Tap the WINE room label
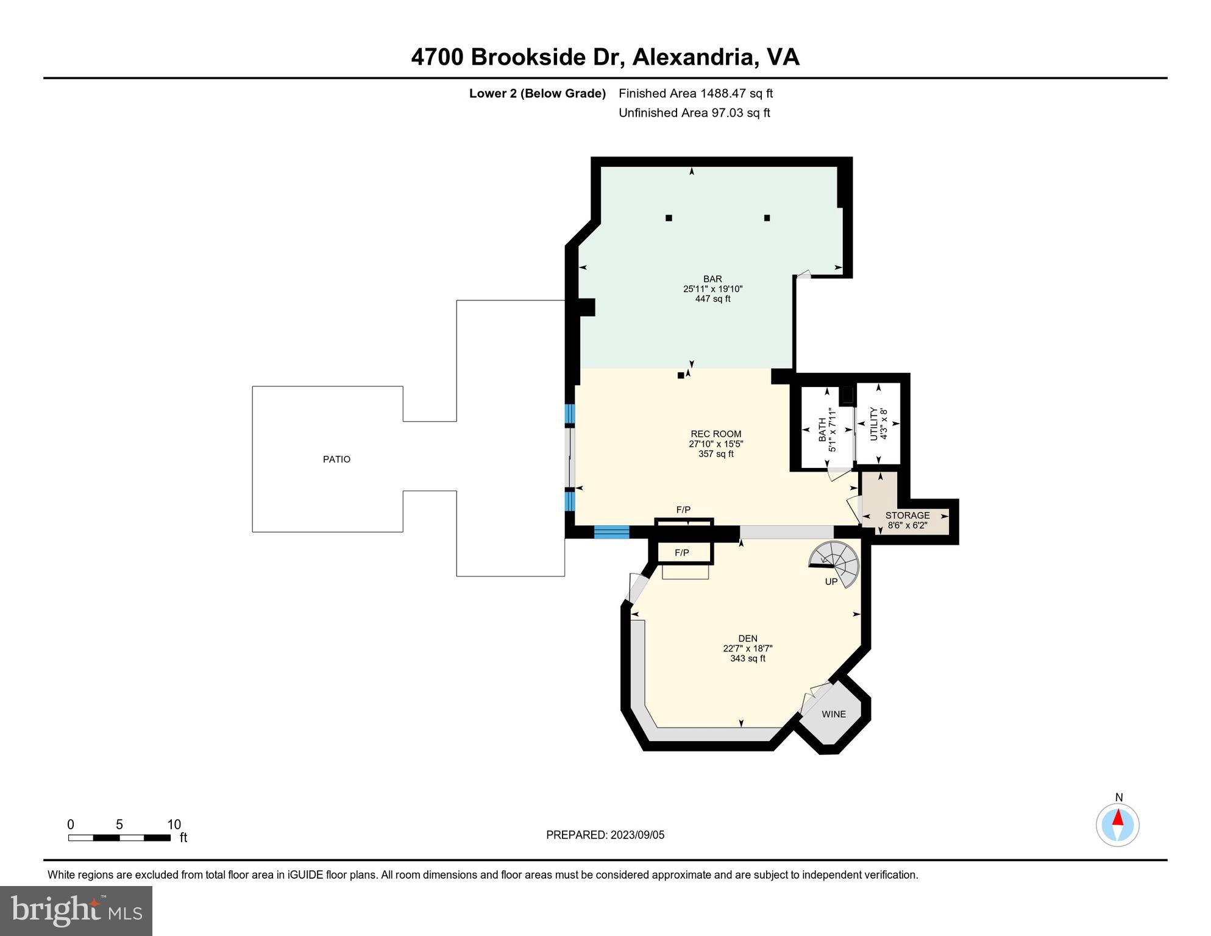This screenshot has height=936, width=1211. (834, 714)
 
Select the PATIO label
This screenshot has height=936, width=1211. (336, 459)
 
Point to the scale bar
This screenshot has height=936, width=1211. (119, 838)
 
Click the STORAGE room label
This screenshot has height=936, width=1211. (907, 516)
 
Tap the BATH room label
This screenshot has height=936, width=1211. (822, 430)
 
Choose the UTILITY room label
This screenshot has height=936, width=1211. (873, 424)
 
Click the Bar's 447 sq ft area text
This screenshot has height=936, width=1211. (712, 299)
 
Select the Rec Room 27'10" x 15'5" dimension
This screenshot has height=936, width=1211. (716, 444)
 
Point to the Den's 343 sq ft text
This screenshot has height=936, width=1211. (748, 658)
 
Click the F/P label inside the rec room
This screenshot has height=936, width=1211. (683, 509)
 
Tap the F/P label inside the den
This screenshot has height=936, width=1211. (682, 553)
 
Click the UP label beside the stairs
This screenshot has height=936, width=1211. (831, 582)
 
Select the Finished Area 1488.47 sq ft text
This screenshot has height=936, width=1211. (695, 93)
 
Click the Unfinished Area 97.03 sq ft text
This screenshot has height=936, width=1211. (694, 113)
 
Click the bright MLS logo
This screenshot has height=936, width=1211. (76, 911)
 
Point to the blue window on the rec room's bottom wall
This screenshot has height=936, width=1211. (611, 532)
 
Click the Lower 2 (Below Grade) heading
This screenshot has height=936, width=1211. (538, 93)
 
